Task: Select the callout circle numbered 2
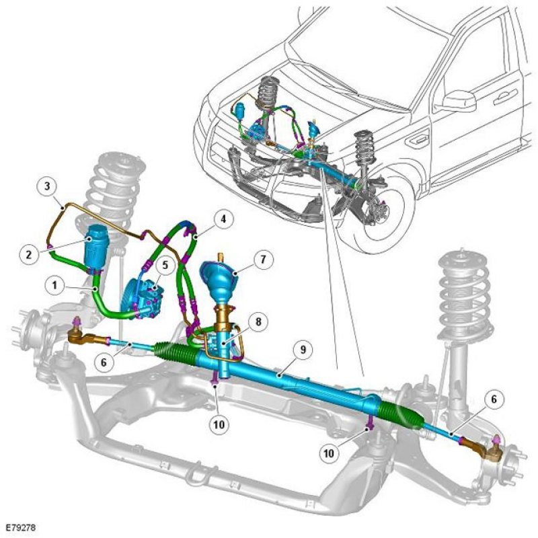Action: click(x=29, y=255)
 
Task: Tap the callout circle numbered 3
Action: click(x=47, y=186)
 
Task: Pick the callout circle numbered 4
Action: click(x=223, y=219)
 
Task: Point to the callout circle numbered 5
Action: click(x=165, y=264)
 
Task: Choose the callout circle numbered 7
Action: click(x=263, y=259)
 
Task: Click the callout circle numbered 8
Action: click(x=258, y=321)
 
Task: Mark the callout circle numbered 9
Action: click(x=303, y=350)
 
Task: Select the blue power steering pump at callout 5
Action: click(x=141, y=298)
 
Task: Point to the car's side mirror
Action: click(x=459, y=100)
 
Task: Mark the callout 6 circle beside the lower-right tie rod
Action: click(x=494, y=399)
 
